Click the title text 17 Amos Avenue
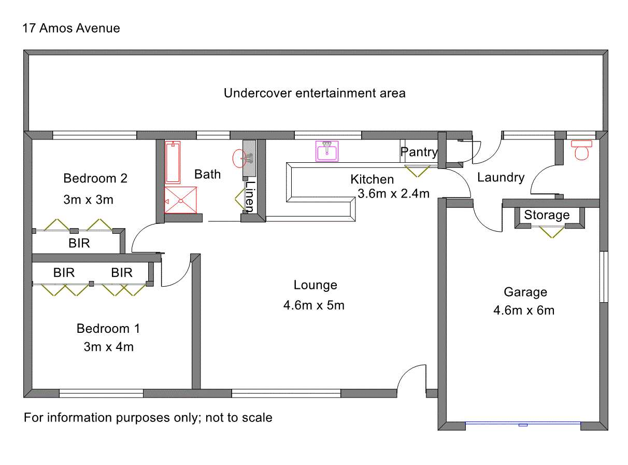point(72,28)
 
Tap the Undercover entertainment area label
point(315,93)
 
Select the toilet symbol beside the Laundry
point(582,150)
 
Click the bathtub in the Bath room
point(173,162)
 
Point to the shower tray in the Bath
point(181,200)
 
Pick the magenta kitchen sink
point(327,151)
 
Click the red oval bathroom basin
point(240,158)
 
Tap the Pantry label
point(419,152)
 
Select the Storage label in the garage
point(547,215)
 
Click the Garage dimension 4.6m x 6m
point(524,311)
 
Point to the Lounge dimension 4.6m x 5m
point(313,305)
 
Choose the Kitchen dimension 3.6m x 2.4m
point(393,194)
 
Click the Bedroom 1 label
point(108,329)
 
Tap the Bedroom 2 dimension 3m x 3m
point(88,200)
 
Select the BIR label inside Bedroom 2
point(79,244)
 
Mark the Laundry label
point(501,178)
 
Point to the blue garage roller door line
point(522,424)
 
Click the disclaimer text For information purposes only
point(148,417)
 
